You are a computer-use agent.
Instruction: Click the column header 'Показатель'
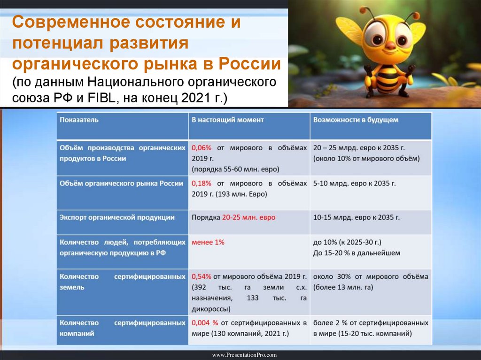point(79,120)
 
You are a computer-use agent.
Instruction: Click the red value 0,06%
point(202,147)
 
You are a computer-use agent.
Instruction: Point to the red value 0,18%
point(202,184)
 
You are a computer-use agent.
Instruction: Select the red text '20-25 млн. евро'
point(248,218)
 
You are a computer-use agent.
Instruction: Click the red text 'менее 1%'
point(208,242)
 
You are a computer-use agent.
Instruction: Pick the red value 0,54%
point(202,276)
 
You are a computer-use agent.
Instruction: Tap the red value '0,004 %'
point(205,323)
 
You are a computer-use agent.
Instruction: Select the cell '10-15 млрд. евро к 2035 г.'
point(356,218)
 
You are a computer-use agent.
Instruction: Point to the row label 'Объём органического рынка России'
point(121,184)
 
